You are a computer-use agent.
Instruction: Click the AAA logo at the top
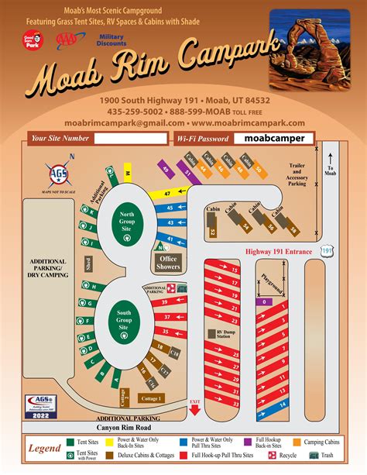[x=67, y=41]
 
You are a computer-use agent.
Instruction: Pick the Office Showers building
[x=169, y=263]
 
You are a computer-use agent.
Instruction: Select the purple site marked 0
[x=266, y=302]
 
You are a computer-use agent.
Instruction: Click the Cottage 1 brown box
[x=151, y=398]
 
